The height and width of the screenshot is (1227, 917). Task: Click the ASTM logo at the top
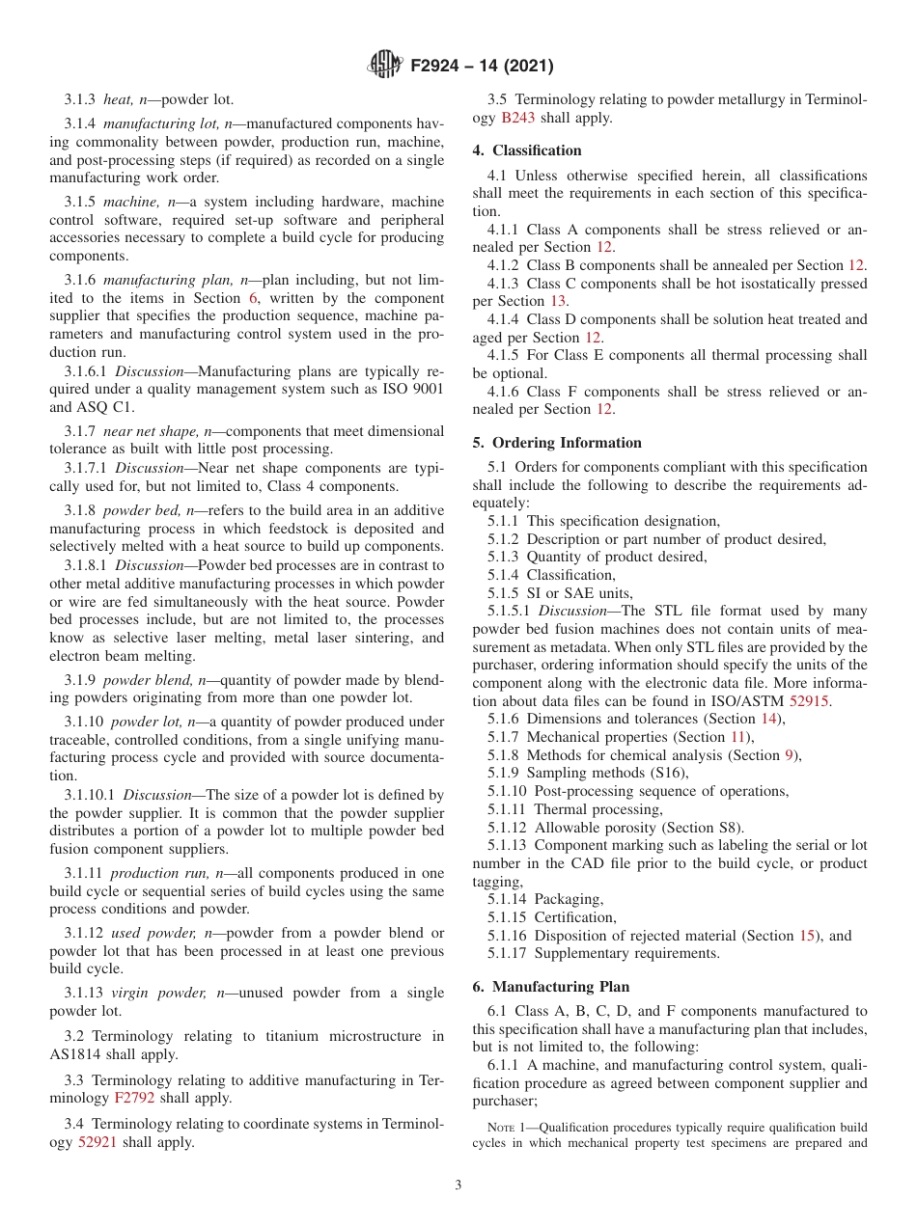pyautogui.click(x=385, y=66)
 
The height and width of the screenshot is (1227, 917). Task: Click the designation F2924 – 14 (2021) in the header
pyautogui.click(x=482, y=67)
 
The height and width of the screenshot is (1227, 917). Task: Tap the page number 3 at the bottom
pyautogui.click(x=458, y=1185)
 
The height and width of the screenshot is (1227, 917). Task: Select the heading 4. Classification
pyautogui.click(x=527, y=150)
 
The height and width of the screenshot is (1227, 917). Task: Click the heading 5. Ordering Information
pyautogui.click(x=557, y=443)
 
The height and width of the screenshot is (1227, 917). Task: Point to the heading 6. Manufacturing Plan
pyautogui.click(x=550, y=987)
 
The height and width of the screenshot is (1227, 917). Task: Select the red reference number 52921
pyautogui.click(x=97, y=1142)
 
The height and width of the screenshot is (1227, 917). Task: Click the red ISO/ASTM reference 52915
pyautogui.click(x=809, y=701)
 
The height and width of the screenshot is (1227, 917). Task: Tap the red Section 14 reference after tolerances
pyautogui.click(x=770, y=719)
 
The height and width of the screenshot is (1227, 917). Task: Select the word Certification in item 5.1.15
pyautogui.click(x=574, y=917)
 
